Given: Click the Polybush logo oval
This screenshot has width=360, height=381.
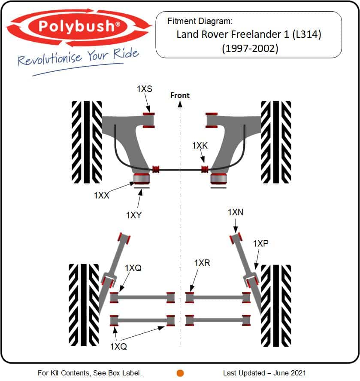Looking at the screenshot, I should (x=79, y=27).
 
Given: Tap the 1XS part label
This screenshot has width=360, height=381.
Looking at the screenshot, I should (x=145, y=89).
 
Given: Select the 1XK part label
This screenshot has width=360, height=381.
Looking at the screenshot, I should (x=200, y=146).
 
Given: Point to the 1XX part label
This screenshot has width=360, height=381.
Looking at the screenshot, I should (x=102, y=195).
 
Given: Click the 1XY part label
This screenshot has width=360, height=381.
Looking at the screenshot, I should (x=134, y=215).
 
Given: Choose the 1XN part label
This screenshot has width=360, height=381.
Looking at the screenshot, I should (x=236, y=212).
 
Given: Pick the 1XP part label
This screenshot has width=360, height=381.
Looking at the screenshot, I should (x=260, y=244).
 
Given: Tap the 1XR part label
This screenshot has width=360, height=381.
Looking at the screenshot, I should (x=202, y=263).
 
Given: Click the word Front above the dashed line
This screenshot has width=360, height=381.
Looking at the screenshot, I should (x=180, y=95).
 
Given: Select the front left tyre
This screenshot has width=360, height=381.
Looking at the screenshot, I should (x=87, y=141).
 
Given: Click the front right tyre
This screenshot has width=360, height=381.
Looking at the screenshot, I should (x=275, y=141).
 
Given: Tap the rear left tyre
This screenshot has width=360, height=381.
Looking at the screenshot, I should (x=84, y=305).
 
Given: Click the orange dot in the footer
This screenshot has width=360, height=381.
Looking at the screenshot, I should (x=180, y=373).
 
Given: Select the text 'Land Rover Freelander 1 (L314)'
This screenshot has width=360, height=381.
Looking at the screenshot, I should (x=249, y=34).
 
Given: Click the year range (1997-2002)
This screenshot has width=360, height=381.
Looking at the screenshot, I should (x=250, y=49).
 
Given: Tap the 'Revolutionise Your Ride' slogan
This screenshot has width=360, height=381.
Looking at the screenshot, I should (x=79, y=57).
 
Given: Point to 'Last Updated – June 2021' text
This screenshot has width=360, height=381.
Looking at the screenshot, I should (x=265, y=373).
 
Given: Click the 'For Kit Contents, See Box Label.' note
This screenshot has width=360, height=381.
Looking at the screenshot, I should (x=90, y=373).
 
